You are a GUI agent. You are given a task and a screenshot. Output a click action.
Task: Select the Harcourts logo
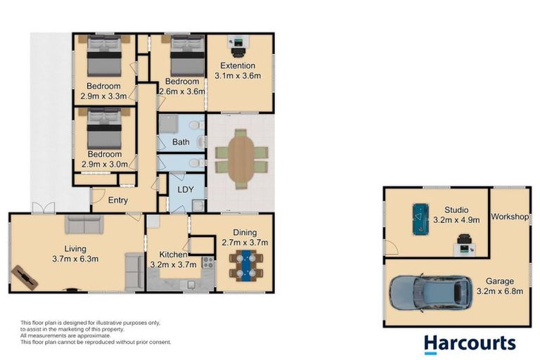(469, 343)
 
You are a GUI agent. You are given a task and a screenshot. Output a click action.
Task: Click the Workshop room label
(510, 217)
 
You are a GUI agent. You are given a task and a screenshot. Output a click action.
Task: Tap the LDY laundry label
(186, 190)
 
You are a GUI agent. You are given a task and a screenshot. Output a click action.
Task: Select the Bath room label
(181, 143)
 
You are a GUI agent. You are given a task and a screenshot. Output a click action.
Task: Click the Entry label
(117, 200)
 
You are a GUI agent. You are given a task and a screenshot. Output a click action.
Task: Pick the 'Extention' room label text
(238, 66)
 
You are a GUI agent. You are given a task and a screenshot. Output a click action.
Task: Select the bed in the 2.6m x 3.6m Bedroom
(186, 54)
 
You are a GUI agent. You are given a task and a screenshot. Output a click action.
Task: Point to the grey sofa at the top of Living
(84, 225)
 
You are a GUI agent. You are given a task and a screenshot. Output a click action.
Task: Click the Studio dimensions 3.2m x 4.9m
(456, 219)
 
